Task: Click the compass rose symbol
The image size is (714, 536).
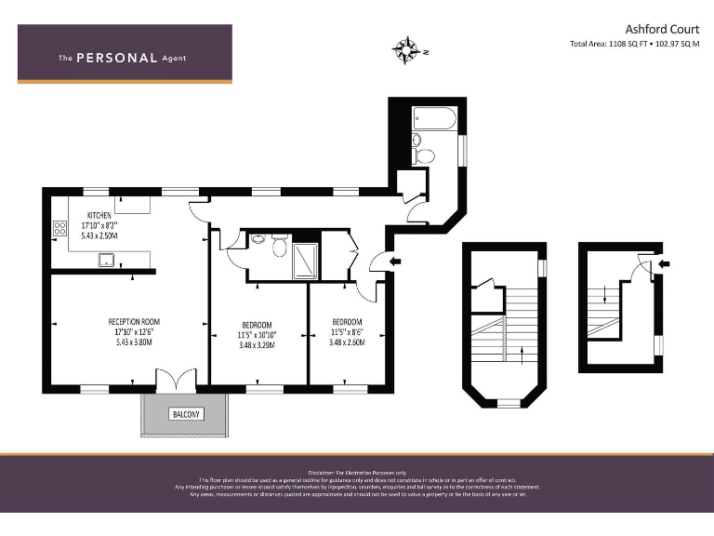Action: pos(406,50)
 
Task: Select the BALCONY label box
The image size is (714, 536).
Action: pos(184,413)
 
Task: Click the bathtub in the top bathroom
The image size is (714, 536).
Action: pos(434,119)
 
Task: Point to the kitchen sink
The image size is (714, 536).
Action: pos(108,259)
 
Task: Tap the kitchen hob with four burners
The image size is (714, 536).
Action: pos(60,226)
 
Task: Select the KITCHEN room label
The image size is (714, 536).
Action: pos(99,215)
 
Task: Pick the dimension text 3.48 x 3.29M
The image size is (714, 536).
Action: pos(257,345)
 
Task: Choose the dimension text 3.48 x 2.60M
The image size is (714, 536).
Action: pos(347,342)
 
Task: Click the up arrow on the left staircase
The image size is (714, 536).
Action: pos(522,353)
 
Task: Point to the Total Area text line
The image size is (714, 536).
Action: pos(635,45)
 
